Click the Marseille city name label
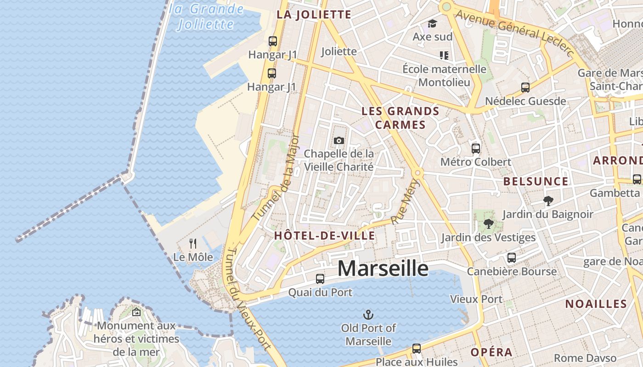click(x=383, y=268)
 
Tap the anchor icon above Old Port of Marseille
click(x=368, y=315)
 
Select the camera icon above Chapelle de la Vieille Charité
click(x=339, y=140)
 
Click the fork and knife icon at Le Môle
click(x=193, y=244)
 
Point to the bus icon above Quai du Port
click(x=320, y=278)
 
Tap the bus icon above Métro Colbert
click(x=476, y=149)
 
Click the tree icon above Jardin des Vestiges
click(x=488, y=224)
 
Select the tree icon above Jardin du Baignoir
click(x=547, y=200)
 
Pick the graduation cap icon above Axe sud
click(x=432, y=23)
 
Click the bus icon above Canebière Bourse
click(x=512, y=258)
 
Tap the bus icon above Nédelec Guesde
click(x=525, y=88)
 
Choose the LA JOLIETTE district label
click(x=314, y=15)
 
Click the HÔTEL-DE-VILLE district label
click(x=324, y=236)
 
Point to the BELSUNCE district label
click(x=536, y=181)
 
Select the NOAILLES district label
click(x=596, y=304)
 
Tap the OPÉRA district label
click(x=491, y=352)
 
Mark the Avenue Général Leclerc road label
click(x=514, y=33)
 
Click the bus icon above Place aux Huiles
click(x=417, y=349)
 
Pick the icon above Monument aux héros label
click(x=136, y=312)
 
